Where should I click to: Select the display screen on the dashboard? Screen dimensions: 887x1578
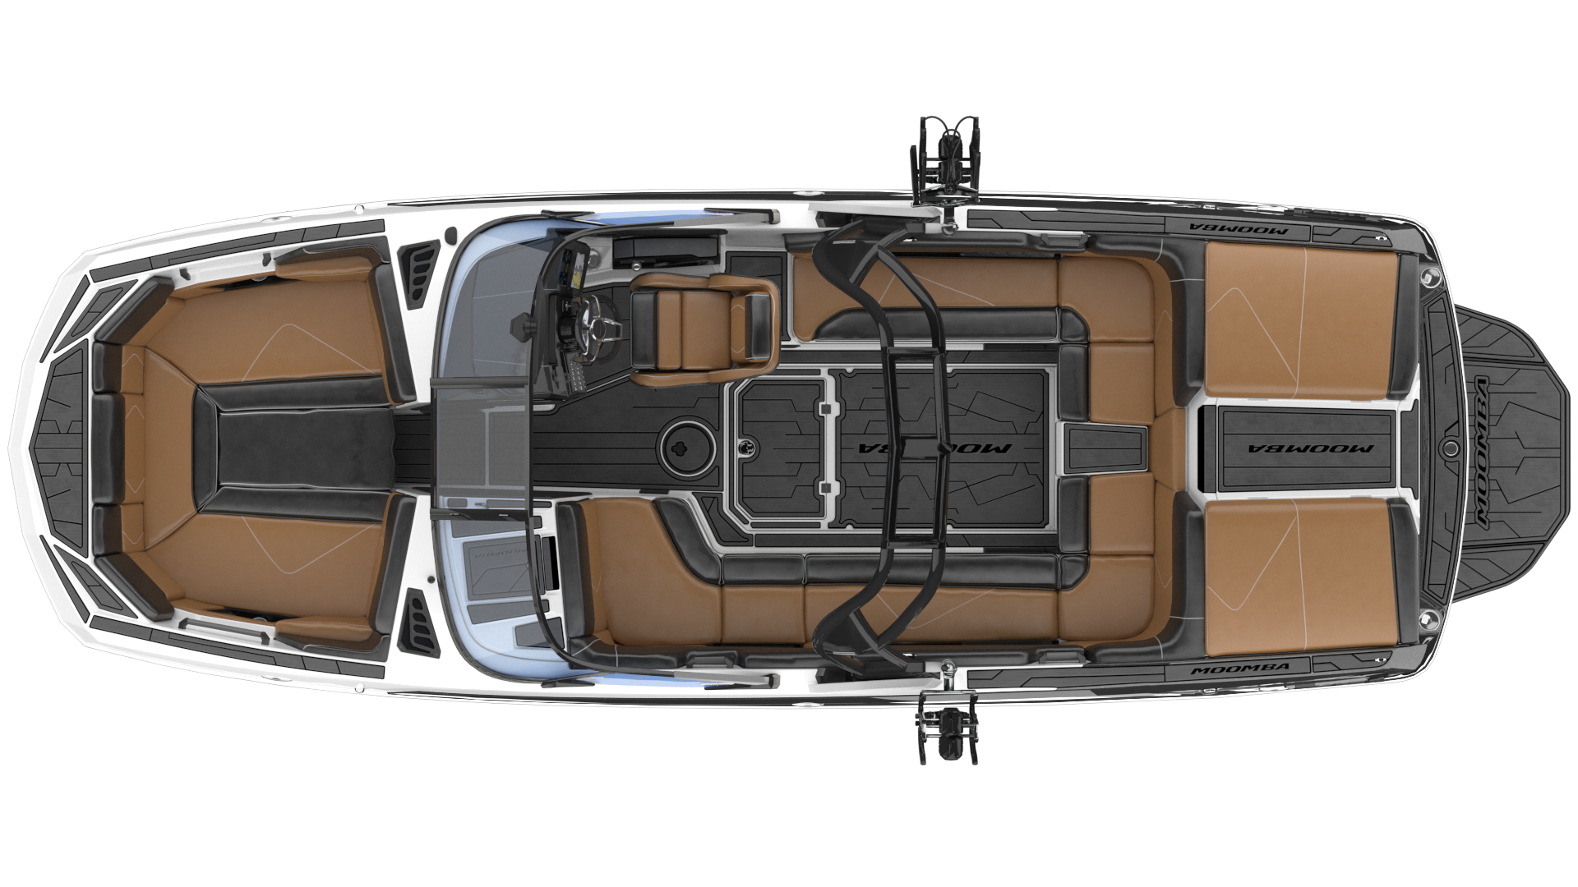(x=567, y=271)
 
